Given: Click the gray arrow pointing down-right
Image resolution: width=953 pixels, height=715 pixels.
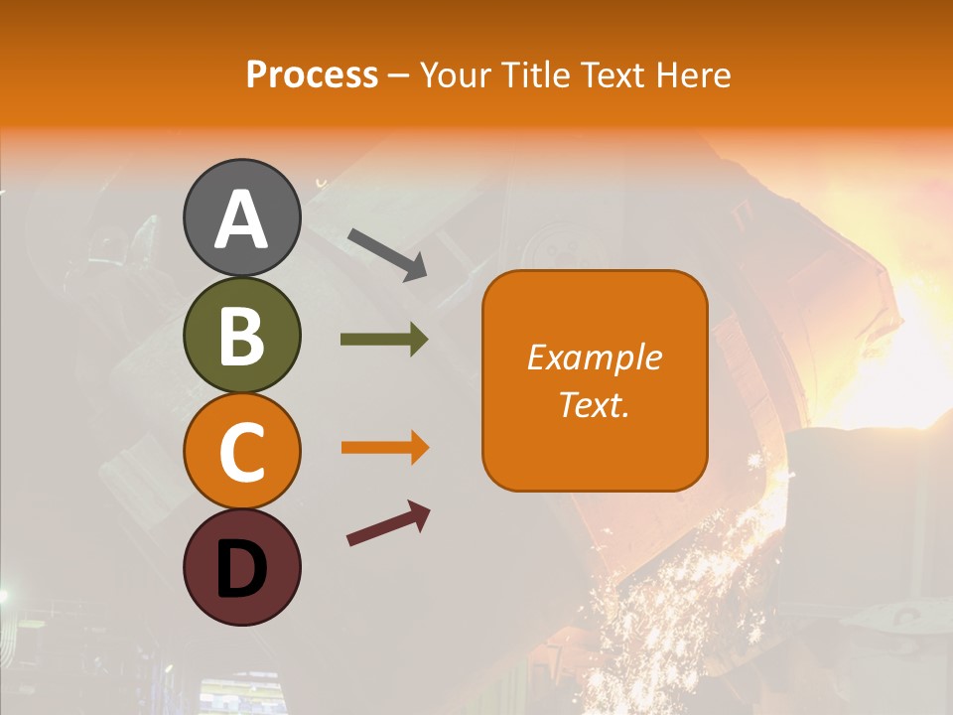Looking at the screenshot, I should [387, 253].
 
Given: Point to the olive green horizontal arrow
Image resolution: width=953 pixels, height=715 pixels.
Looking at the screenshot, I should [384, 339].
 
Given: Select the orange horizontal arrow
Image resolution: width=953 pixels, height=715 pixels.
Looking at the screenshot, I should [384, 448].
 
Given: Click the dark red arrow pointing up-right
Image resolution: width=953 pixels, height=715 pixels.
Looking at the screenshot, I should [388, 524].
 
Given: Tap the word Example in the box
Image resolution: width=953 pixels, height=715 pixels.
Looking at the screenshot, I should [595, 357].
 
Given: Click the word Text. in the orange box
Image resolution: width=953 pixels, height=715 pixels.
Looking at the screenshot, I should [595, 405].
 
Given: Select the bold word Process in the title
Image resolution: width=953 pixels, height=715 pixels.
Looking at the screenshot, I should [312, 75].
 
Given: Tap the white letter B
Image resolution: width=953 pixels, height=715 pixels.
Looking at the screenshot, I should [241, 336].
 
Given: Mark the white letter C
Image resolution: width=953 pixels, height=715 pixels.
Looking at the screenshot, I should [241, 452].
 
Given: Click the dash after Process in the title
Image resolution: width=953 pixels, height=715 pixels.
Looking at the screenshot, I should [399, 76].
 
